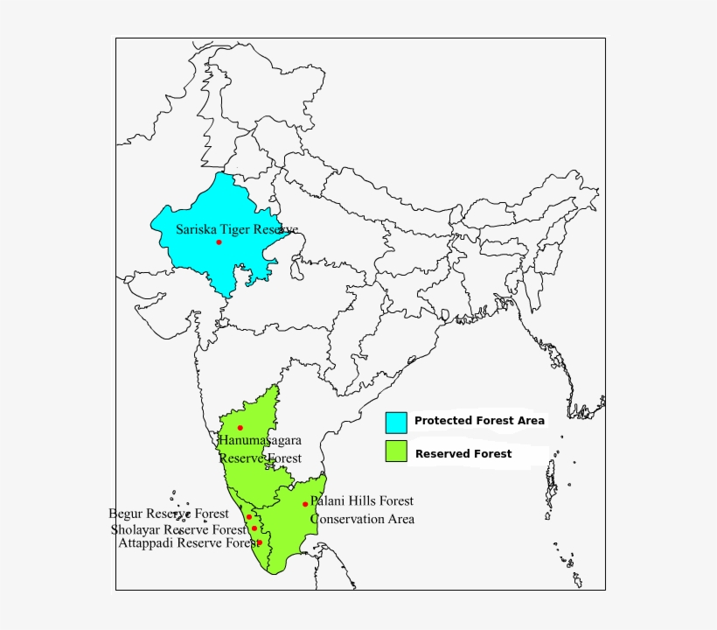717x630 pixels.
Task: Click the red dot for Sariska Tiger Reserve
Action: point(219,241)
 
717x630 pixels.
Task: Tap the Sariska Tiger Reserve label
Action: point(237,229)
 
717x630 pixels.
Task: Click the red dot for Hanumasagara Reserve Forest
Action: point(240,428)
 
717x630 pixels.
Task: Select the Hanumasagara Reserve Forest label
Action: point(260,449)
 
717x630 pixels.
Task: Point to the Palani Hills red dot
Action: point(305,504)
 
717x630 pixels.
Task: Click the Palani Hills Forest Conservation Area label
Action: point(362,510)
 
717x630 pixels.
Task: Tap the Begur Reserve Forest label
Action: point(169,514)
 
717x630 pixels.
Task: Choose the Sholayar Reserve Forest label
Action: point(178,529)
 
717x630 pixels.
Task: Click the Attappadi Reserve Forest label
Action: point(189,543)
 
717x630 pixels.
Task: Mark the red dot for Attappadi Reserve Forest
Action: point(259,542)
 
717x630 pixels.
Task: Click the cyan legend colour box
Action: point(396,422)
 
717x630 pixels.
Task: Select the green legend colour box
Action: point(396,451)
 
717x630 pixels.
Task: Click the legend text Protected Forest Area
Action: point(479,421)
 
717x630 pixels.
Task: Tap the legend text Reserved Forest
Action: point(463,453)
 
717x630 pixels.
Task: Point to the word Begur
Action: point(125,514)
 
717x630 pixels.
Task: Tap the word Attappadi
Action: point(146,543)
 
